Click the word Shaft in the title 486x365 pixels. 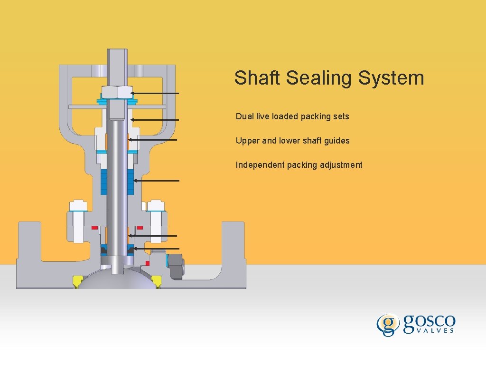pyautogui.click(x=257, y=78)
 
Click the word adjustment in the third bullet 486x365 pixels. pyautogui.click(x=341, y=165)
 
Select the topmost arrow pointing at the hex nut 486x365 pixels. pyautogui.click(x=155, y=94)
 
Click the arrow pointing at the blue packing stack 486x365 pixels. pyautogui.click(x=157, y=181)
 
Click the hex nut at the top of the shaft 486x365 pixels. pyautogui.click(x=117, y=92)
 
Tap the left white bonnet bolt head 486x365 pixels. pyautogui.click(x=78, y=206)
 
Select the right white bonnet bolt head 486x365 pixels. pyautogui.click(x=156, y=206)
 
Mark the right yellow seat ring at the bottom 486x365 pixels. pyautogui.click(x=158, y=281)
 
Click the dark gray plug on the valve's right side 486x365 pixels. pyautogui.click(x=176, y=265)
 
